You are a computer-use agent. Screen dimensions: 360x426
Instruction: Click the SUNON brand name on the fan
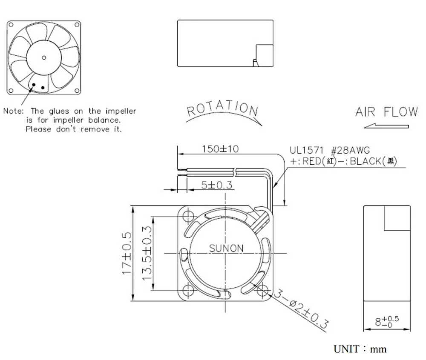226,248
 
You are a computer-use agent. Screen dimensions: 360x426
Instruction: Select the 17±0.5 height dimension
127,254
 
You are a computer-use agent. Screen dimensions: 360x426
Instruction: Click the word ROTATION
223,109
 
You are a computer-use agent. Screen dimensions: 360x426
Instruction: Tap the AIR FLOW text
386,112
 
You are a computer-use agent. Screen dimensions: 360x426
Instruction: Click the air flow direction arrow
386,126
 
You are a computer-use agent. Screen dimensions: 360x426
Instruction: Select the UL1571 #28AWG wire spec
330,151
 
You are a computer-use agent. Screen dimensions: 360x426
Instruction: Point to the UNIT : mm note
360,349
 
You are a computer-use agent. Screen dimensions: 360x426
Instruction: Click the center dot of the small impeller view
44,57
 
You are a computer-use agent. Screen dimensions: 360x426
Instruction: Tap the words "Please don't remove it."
74,129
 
